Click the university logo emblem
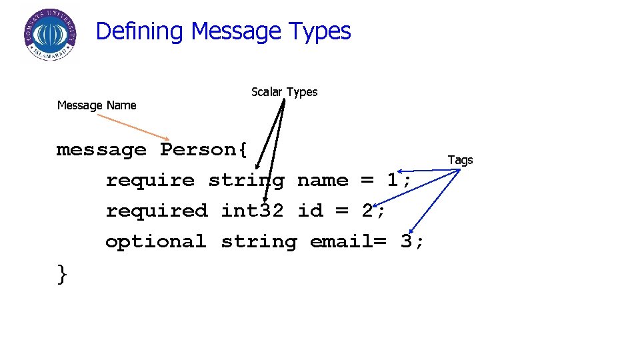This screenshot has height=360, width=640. tap(49, 35)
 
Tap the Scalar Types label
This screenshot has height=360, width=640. tap(284, 92)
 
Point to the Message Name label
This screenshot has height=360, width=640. tap(97, 105)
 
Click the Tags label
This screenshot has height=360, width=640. tap(460, 160)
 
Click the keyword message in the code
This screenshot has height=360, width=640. tap(101, 150)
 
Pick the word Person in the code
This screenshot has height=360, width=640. tap(198, 150)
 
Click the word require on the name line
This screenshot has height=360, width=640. tap(150, 181)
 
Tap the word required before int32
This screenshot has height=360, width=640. tap(157, 211)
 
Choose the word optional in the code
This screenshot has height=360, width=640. tap(156, 242)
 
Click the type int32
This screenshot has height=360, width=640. tap(253, 211)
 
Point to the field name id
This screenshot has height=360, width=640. tap(310, 211)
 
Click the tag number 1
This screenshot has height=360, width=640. tap(393, 181)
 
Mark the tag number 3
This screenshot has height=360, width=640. tap(406, 242)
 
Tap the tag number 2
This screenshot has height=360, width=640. tap(367, 211)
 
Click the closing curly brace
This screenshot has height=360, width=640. tap(62, 273)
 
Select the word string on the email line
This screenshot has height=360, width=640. tap(259, 242)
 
